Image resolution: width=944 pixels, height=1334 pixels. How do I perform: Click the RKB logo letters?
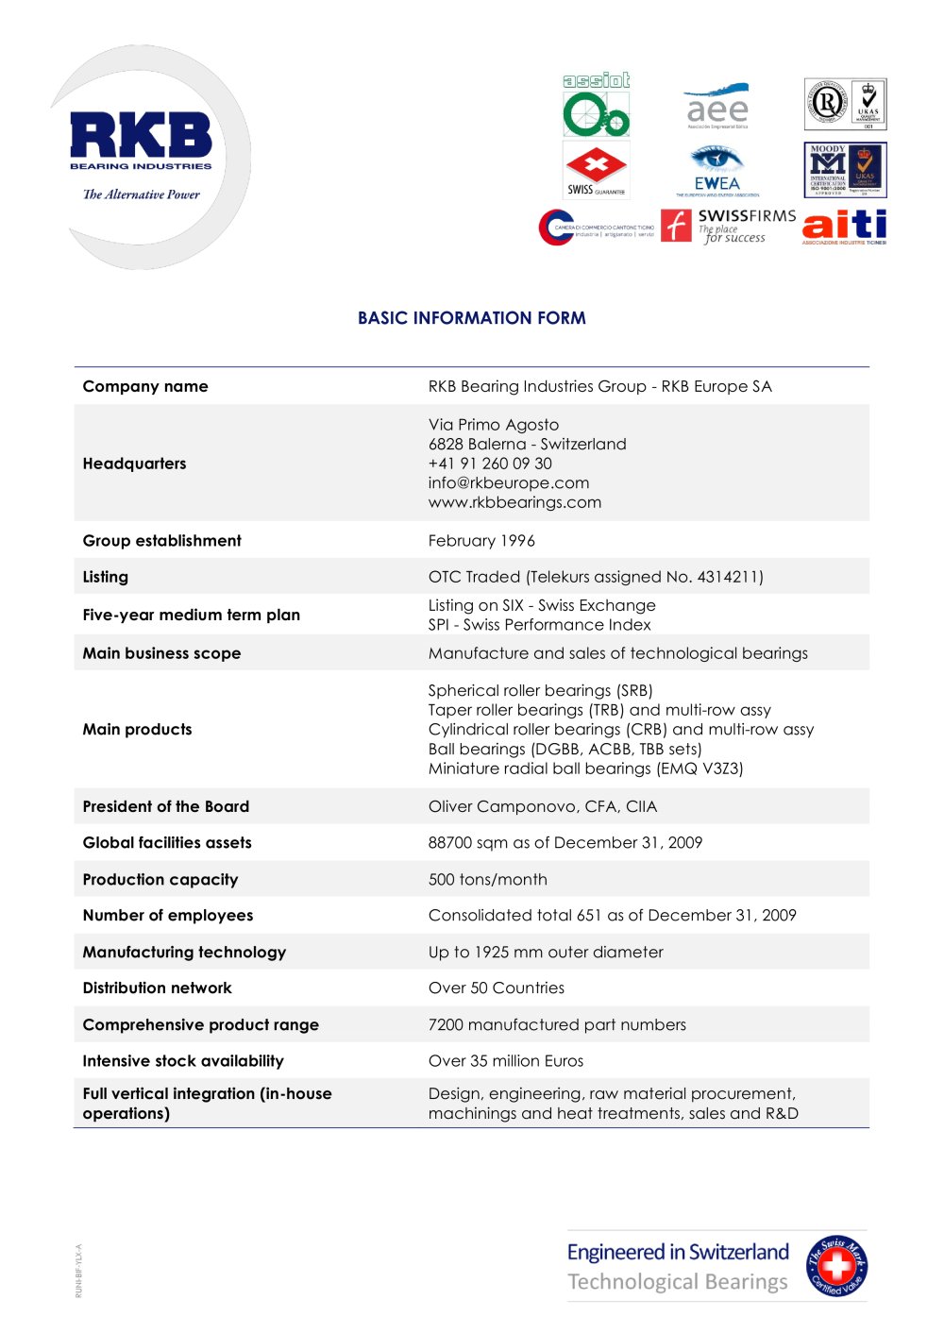[141, 135]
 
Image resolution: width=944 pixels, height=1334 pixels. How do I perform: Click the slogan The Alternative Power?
[142, 194]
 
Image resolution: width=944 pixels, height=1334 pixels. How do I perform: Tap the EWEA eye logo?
[716, 170]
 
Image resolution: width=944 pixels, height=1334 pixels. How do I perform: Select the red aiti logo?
[844, 226]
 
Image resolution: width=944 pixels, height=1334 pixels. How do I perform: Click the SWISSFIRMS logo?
[728, 226]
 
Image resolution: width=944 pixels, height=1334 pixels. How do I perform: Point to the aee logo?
[717, 107]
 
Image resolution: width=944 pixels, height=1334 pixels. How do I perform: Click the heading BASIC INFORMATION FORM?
[471, 318]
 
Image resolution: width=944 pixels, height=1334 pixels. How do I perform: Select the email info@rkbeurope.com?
[509, 482]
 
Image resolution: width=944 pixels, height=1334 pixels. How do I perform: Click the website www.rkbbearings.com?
[514, 502]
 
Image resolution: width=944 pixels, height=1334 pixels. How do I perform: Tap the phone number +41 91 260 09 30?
[490, 464]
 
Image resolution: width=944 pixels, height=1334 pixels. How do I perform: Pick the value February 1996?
[481, 541]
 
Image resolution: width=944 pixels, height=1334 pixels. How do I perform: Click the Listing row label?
[106, 577]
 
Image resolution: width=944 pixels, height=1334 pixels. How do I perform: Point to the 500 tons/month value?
[487, 879]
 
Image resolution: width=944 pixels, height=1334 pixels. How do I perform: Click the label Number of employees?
[168, 915]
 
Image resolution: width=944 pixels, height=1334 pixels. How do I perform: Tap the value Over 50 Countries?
[497, 988]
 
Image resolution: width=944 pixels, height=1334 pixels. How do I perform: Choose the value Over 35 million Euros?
[506, 1061]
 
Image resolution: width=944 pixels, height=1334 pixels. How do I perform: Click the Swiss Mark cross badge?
[835, 1266]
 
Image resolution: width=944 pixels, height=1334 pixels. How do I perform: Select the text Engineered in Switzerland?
[678, 1253]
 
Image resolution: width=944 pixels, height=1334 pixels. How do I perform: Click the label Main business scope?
[161, 653]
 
